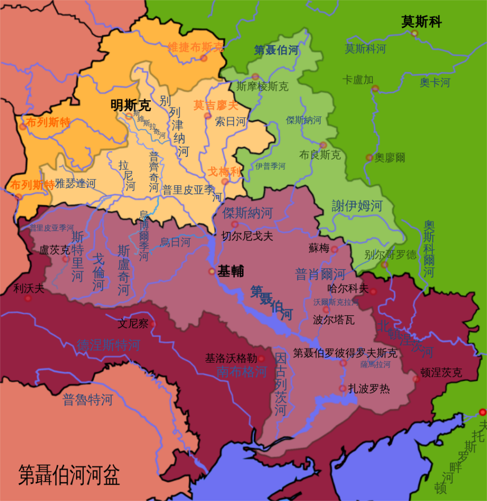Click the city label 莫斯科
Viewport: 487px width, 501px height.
421,22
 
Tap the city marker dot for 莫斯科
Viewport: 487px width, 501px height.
414,33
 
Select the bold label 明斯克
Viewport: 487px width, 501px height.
130,105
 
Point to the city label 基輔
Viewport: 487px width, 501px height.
230,272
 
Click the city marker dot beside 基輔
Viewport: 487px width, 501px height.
212,272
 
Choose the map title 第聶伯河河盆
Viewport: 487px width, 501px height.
69,474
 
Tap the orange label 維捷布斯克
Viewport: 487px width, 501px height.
196,47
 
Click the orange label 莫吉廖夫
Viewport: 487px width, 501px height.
216,105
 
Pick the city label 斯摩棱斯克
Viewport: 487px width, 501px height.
263,86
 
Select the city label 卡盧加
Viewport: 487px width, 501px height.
358,80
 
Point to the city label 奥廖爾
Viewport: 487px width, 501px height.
390,157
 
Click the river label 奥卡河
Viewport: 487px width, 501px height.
435,83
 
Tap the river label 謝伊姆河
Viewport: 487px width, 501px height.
357,205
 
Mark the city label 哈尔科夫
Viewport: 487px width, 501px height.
348,289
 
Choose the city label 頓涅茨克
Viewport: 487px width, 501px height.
441,372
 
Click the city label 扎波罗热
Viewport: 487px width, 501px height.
369,389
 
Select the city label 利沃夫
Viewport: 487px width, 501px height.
29,288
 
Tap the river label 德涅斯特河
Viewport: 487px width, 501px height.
108,345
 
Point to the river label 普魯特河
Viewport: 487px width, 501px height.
88,399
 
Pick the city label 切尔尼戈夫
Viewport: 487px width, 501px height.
248,236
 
